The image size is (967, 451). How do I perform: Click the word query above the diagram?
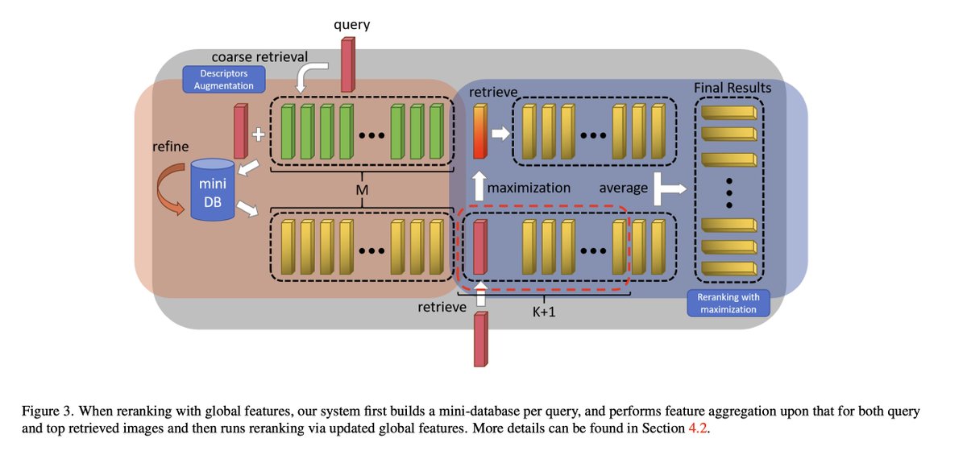[x=351, y=25]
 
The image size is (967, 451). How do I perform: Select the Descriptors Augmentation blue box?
[x=224, y=80]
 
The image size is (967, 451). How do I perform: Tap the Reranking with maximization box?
[x=728, y=303]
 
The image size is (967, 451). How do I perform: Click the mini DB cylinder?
[x=213, y=190]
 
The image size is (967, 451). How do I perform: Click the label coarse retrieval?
[x=259, y=56]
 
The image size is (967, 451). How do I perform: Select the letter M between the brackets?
[x=362, y=190]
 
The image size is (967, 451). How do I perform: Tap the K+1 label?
[x=543, y=311]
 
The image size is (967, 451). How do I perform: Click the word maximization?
[x=529, y=188]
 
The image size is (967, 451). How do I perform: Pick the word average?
[x=624, y=188]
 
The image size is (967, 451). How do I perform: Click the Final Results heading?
[x=733, y=88]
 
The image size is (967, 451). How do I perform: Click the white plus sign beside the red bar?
[x=259, y=134]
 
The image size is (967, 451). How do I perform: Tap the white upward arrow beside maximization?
[x=479, y=186]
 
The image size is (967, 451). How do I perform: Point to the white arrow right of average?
[x=670, y=188]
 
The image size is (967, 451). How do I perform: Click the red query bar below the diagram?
[x=481, y=340]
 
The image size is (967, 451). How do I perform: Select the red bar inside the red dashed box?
[x=480, y=247]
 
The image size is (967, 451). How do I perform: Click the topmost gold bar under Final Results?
[x=729, y=112]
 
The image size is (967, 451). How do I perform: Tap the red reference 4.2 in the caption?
[x=697, y=428]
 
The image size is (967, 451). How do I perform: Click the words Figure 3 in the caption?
[x=47, y=411]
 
